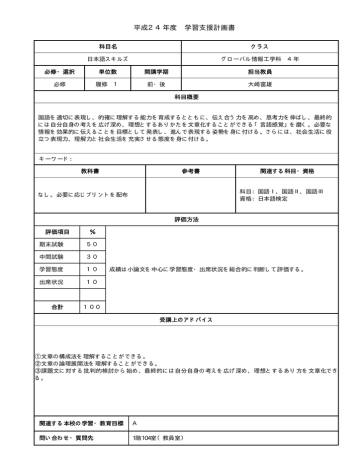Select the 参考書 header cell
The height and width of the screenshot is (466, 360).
(180, 171)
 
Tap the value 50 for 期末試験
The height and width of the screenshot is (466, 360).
(92, 244)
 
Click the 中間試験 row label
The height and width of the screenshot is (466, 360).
(52, 256)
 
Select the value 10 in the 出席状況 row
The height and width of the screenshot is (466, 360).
(92, 281)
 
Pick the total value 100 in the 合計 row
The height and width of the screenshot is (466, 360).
(92, 305)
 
